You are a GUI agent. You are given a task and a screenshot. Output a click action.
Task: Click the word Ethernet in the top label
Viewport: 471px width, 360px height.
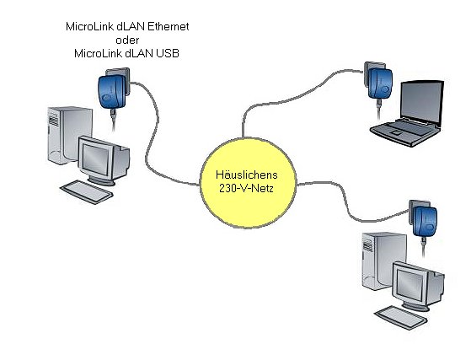click(169, 26)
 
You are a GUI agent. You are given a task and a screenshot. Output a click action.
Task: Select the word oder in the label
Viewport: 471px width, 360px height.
click(127, 40)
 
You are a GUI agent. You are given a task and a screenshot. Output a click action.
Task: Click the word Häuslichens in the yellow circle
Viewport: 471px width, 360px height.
click(247, 175)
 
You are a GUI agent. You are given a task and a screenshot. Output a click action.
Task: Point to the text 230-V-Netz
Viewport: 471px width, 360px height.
click(246, 188)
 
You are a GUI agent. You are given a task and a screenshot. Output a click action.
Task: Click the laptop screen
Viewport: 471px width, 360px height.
click(421, 101)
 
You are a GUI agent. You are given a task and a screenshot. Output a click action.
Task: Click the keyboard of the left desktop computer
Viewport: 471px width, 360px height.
click(87, 192)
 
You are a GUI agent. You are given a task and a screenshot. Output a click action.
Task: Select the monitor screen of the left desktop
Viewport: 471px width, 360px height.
click(95, 159)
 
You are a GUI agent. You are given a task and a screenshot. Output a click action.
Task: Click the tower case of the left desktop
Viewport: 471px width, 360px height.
click(70, 135)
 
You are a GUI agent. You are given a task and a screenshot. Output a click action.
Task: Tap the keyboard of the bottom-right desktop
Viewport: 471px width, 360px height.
click(401, 318)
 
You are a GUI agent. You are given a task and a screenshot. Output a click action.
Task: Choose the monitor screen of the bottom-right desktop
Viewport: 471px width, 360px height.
click(410, 285)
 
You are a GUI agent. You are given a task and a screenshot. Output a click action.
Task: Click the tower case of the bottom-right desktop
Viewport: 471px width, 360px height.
click(384, 261)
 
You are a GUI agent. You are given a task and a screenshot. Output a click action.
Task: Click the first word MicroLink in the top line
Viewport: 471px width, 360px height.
click(89, 26)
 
